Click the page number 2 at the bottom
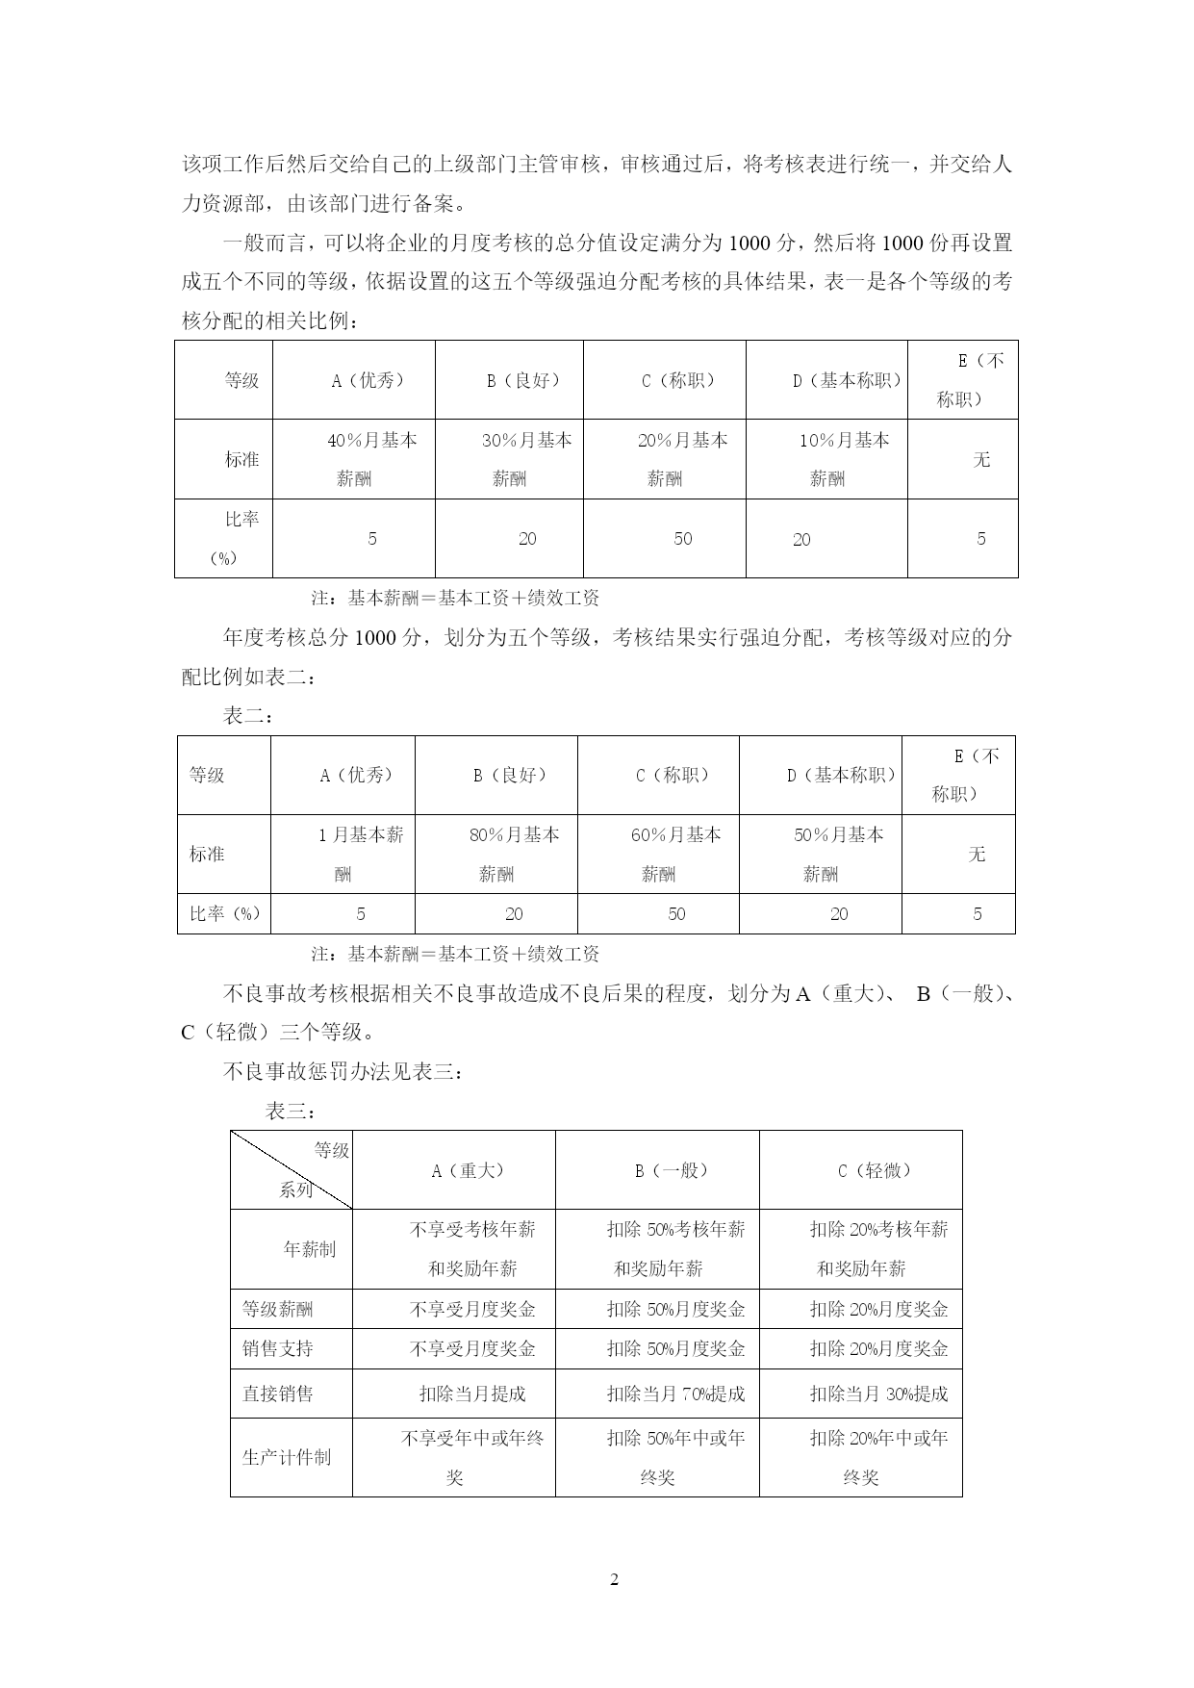click(x=615, y=1579)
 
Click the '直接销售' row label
click(x=278, y=1394)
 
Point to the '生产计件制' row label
click(x=287, y=1457)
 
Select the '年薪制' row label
click(x=309, y=1249)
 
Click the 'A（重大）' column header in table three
click(x=469, y=1170)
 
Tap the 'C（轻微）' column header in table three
click(x=875, y=1170)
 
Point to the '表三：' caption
click(x=291, y=1112)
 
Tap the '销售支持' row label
click(x=278, y=1348)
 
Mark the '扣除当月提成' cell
click(x=472, y=1394)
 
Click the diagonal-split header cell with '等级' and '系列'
click(x=292, y=1170)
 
